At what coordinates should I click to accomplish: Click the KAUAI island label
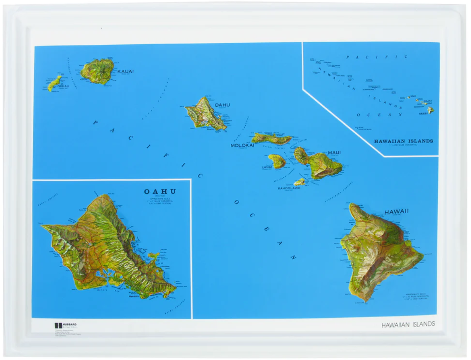(126, 72)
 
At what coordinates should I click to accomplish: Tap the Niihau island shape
(54, 83)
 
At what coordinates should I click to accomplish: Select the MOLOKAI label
(242, 146)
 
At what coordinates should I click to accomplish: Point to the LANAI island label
(267, 167)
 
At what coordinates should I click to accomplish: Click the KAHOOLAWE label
(289, 189)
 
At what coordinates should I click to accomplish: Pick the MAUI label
(334, 153)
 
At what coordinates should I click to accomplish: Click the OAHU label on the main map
(222, 105)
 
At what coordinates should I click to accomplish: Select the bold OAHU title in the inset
(160, 192)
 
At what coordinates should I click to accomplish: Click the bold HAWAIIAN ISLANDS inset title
(403, 142)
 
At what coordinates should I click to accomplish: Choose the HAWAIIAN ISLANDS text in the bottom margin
(408, 325)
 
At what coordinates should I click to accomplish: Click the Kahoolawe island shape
(299, 181)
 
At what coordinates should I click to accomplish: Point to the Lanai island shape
(277, 161)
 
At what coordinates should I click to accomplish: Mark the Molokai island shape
(271, 138)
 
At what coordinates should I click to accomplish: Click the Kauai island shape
(97, 71)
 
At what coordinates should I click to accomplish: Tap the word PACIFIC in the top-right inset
(376, 57)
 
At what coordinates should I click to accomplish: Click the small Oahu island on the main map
(205, 114)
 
